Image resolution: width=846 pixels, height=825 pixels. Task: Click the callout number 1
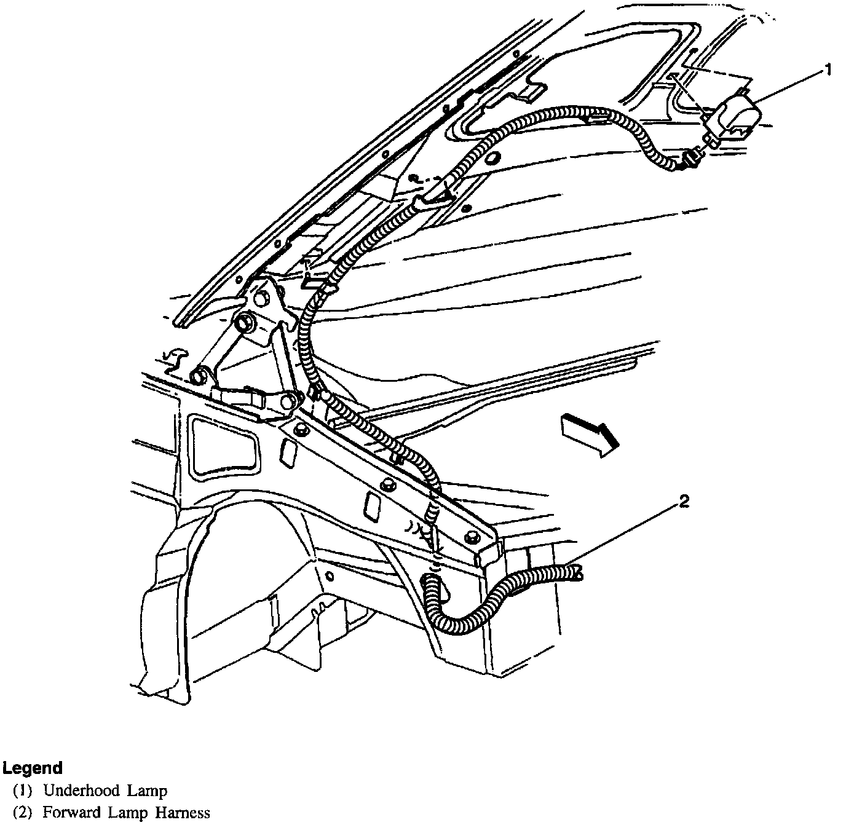(828, 70)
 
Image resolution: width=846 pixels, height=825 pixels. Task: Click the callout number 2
(684, 502)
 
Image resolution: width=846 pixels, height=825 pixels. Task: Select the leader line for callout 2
(621, 536)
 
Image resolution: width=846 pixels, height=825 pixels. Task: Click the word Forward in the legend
(68, 813)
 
